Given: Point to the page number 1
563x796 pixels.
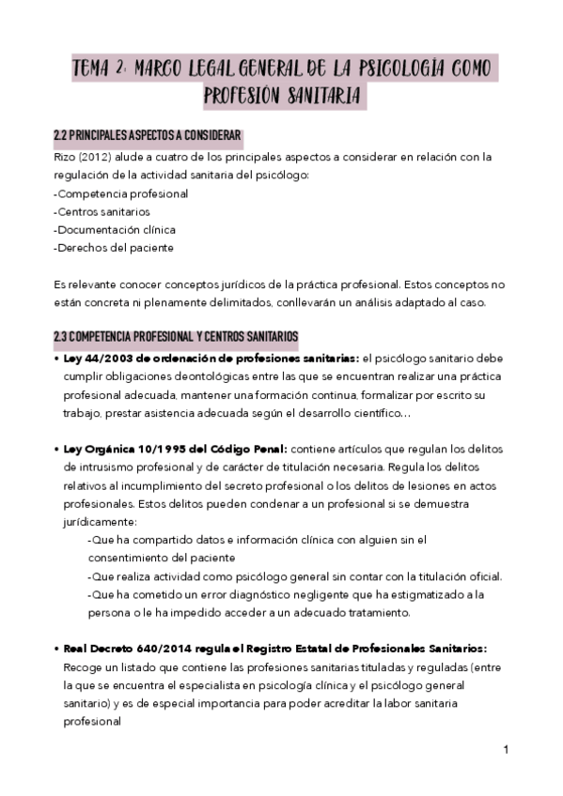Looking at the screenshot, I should [506, 749].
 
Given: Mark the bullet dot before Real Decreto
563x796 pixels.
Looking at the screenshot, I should [56, 649].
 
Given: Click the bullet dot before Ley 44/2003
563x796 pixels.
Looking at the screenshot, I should [56, 359].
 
